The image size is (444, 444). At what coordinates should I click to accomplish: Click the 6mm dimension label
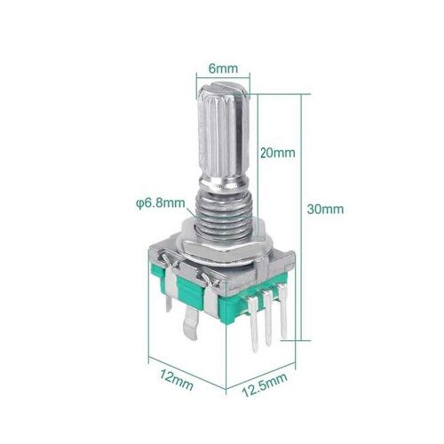tap(223, 68)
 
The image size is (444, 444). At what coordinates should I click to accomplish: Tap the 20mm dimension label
tap(278, 153)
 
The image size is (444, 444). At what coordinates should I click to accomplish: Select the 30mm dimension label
tap(325, 209)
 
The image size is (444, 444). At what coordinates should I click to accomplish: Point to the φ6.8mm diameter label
tap(161, 203)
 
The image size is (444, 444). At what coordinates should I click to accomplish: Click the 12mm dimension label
tap(177, 379)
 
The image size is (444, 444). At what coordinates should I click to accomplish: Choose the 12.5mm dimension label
tap(265, 385)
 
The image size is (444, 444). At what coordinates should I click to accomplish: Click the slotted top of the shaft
tap(224, 87)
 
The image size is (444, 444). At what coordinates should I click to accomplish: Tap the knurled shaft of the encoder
tap(223, 136)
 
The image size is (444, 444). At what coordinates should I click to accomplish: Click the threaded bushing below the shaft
tap(224, 213)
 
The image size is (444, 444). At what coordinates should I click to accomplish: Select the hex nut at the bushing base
tap(220, 241)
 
